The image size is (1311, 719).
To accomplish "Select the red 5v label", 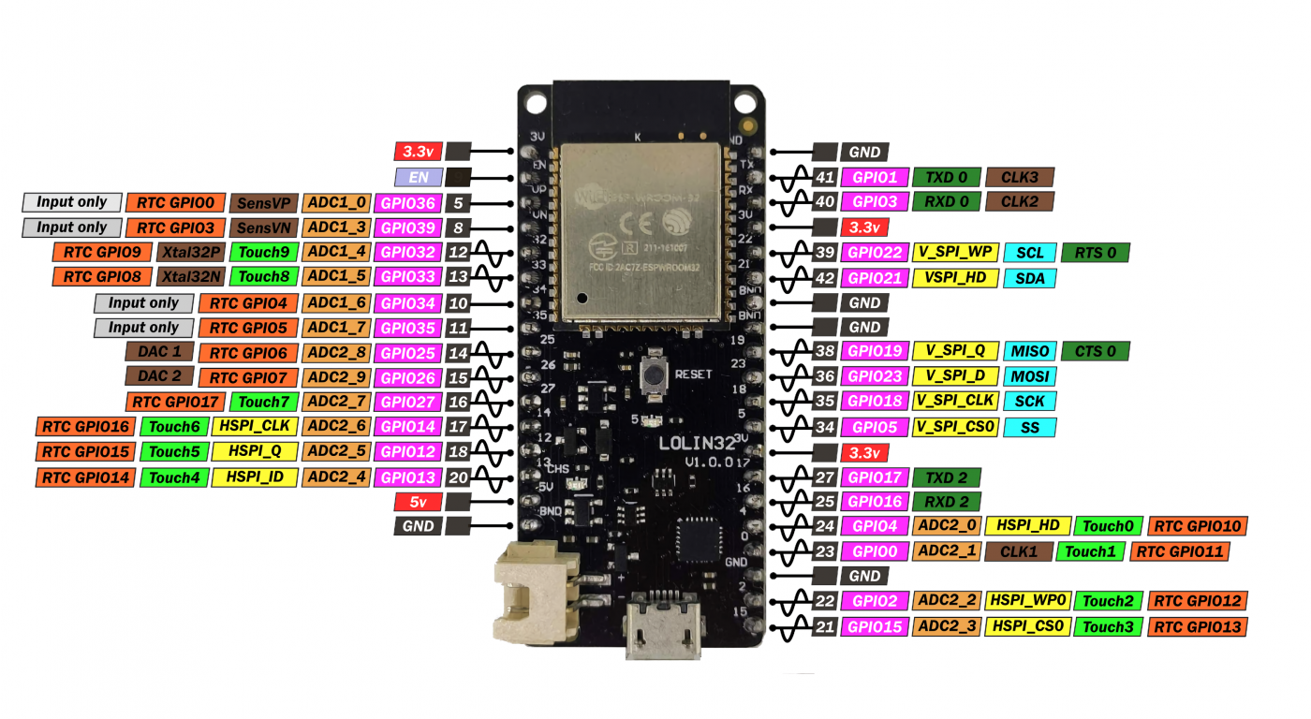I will tap(418, 502).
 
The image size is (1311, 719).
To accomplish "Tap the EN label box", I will tap(418, 177).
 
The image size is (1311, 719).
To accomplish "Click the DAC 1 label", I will tap(159, 352).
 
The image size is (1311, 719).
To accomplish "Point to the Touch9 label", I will tap(263, 252).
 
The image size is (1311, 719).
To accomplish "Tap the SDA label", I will tap(1029, 278).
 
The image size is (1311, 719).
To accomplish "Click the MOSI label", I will tap(1029, 376).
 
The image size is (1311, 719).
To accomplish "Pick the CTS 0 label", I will tap(1095, 351).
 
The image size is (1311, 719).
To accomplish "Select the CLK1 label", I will tap(1019, 551).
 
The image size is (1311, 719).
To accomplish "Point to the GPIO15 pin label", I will tap(874, 626).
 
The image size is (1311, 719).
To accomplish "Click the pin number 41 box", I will tap(824, 177).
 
